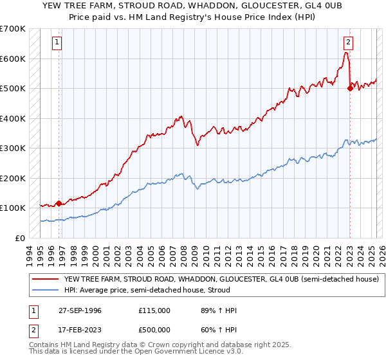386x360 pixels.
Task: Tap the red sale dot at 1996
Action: [x=59, y=203]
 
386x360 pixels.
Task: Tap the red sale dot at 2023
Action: [x=350, y=89]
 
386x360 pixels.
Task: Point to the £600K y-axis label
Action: [x=13, y=59]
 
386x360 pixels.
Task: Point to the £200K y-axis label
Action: [x=13, y=178]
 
